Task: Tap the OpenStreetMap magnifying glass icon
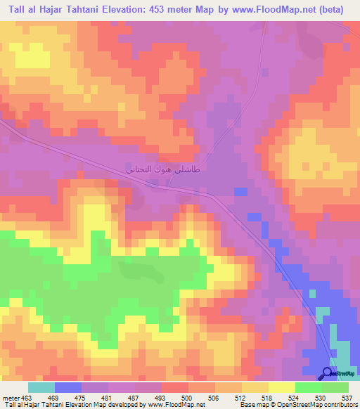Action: click(x=328, y=374)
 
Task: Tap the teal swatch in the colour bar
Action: click(x=41, y=387)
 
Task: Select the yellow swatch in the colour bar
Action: click(x=281, y=387)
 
